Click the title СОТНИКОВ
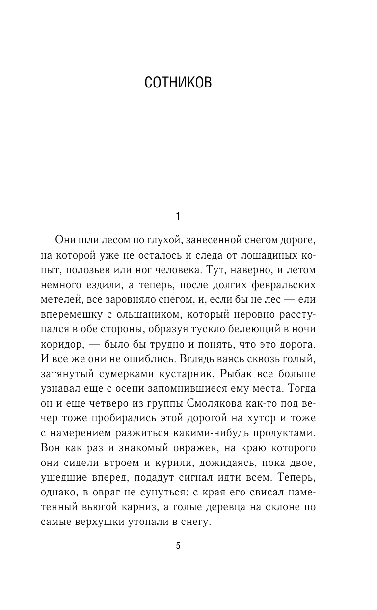178,83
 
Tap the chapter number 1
178,216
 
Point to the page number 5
178,546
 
